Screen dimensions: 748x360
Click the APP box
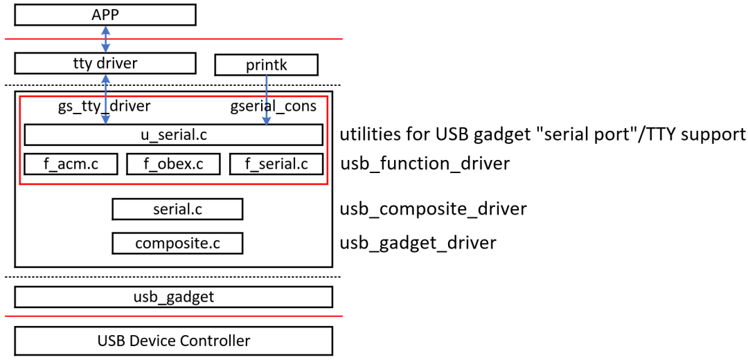pos(105,15)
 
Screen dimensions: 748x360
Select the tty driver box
pos(105,64)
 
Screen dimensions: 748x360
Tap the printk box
pos(266,65)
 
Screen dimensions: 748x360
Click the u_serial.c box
pos(174,135)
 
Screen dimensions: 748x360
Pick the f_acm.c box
pos(71,164)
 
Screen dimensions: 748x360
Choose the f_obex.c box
pos(173,164)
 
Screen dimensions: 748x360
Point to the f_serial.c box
pos(276,164)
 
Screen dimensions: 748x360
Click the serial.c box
pos(177,209)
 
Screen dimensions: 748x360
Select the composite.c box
pos(177,243)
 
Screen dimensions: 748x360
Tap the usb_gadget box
pos(174,297)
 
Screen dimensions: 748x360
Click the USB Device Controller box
pos(174,341)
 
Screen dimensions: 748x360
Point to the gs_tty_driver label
pos(103,107)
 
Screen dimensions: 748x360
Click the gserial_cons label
pos(274,107)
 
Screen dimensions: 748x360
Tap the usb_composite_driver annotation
pos(433,209)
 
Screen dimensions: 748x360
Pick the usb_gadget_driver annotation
pos(418,243)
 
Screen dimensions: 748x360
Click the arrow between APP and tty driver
pos(105,39)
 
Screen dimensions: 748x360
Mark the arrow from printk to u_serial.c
pos(266,100)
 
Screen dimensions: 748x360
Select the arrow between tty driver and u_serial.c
pos(105,99)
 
